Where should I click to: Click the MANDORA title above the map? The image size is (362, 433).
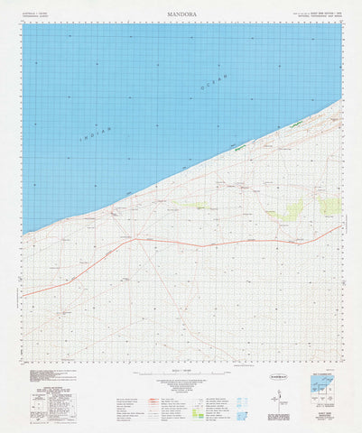coord(181,14)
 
